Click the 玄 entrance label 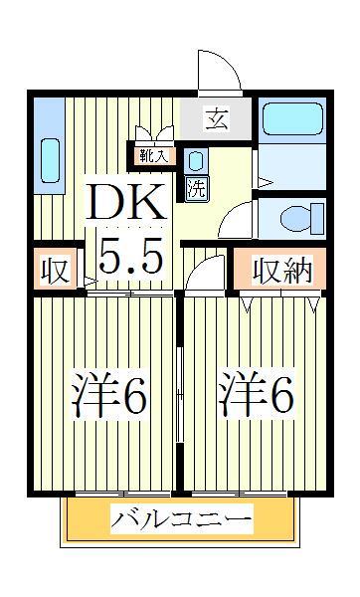coord(216,119)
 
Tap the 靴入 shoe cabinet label coord(155,155)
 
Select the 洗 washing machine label coord(196,189)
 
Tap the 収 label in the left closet coord(55,271)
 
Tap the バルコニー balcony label coord(181,518)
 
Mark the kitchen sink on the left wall coord(50,159)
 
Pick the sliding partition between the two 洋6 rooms coord(179,388)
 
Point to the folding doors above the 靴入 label coord(155,135)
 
